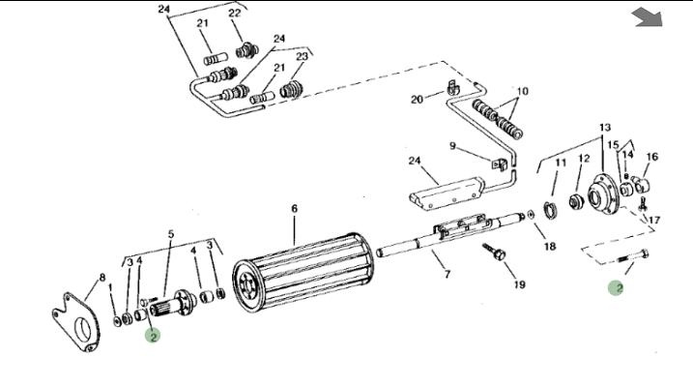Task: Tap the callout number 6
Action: pyautogui.click(x=295, y=208)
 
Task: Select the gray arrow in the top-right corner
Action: pyautogui.click(x=647, y=17)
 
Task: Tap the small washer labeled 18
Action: pyautogui.click(x=533, y=214)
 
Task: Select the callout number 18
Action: pyautogui.click(x=549, y=247)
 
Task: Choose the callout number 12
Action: pyautogui.click(x=584, y=159)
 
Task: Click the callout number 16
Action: pyautogui.click(x=651, y=157)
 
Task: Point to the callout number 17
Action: pyautogui.click(x=654, y=220)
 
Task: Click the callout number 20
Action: pyautogui.click(x=418, y=99)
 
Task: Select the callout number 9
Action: pyautogui.click(x=451, y=146)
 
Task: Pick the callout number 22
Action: pyautogui.click(x=235, y=13)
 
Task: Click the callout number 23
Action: pyautogui.click(x=302, y=56)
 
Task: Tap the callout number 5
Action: pyautogui.click(x=171, y=234)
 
